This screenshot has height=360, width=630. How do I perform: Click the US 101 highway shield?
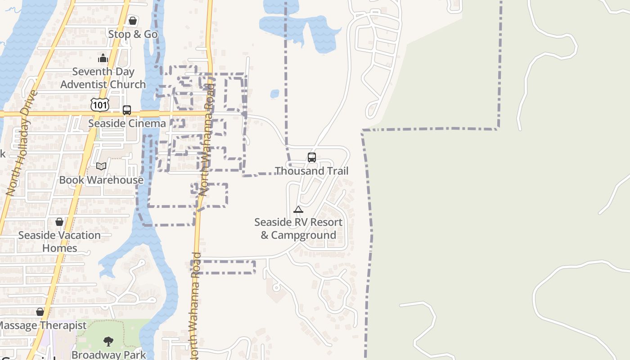coord(99,105)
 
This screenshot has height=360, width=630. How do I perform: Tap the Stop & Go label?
coord(133,34)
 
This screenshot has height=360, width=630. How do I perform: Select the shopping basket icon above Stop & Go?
coord(133,21)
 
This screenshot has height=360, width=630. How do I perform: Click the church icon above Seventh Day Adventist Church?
coord(103,58)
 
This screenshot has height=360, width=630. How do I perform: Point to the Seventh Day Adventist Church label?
coord(103,78)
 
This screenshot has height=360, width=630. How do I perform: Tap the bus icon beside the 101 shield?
coord(127,110)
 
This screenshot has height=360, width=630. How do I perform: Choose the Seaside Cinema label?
coord(127,123)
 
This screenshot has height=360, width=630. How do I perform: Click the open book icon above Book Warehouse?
coord(101,166)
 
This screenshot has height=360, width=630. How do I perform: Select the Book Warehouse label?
coord(101,180)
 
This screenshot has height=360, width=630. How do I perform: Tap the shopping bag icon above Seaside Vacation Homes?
coord(59,222)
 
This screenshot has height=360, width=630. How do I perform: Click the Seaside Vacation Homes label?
coord(59,242)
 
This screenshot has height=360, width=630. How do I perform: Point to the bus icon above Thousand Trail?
coord(312,157)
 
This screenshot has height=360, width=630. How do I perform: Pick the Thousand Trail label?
coord(312,171)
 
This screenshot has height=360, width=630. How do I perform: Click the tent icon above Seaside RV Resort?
coord(298,209)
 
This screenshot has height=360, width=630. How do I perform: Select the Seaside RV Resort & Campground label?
coord(298,229)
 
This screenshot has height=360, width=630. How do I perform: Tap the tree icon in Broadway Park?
coord(108,342)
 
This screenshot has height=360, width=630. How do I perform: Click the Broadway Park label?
coord(108,355)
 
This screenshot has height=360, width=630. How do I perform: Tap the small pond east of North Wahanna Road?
coord(274,94)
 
